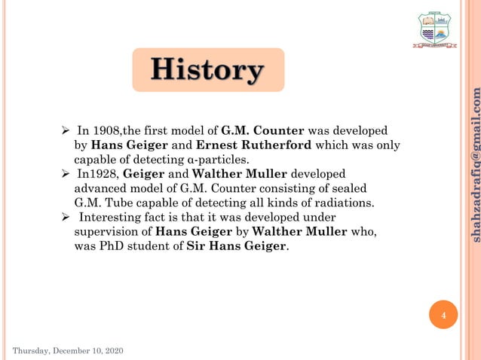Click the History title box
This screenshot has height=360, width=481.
coord(207,70)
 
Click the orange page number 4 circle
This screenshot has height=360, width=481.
coord(444,315)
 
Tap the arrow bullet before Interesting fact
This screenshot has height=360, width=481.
coord(66,217)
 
